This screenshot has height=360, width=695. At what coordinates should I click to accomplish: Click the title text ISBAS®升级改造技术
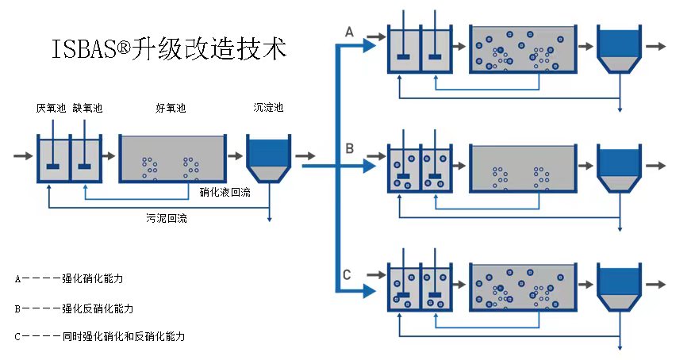click(168, 49)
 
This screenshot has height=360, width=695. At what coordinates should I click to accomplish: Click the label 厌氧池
click(51, 107)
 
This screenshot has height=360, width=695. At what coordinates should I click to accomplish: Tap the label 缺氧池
click(87, 107)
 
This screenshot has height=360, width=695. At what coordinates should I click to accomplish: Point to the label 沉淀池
click(267, 107)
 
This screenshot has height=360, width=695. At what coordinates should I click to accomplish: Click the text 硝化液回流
click(225, 191)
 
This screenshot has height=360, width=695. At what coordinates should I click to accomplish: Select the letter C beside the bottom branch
click(347, 275)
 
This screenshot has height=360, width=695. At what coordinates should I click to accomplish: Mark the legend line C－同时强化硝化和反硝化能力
click(100, 336)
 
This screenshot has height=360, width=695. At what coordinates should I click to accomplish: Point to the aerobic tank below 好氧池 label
click(171, 159)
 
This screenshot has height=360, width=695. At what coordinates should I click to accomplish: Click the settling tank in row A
click(619, 49)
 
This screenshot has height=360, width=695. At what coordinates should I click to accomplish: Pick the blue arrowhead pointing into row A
click(368, 46)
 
